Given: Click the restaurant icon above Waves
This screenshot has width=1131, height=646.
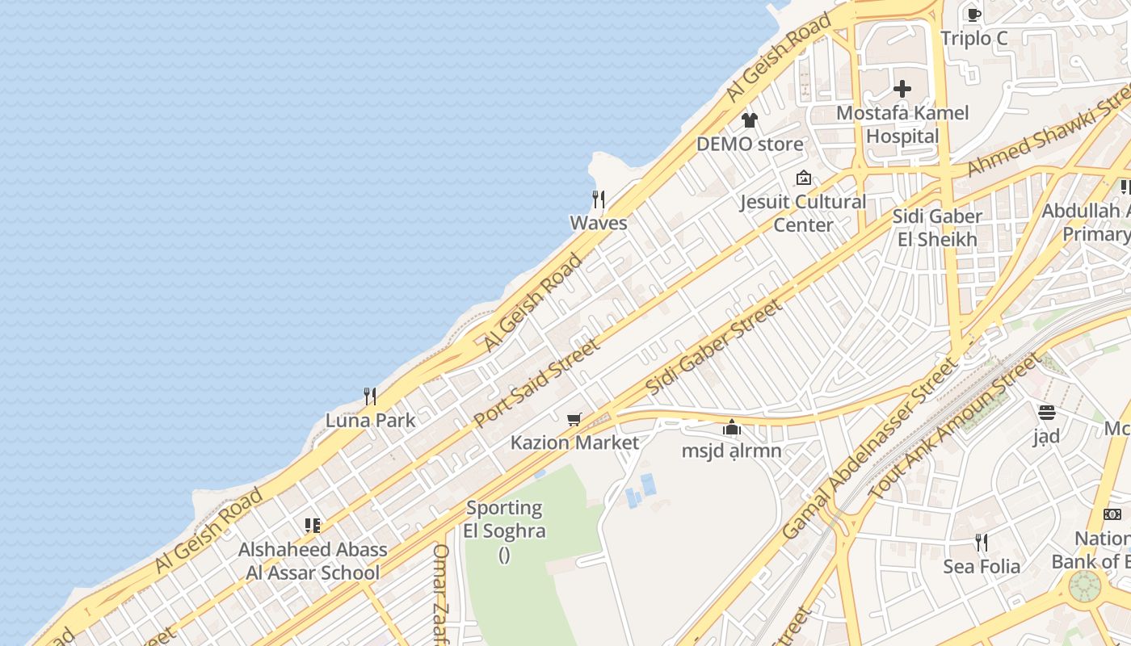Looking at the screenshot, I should [599, 199].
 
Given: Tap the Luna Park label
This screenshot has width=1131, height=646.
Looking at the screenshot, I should [370, 420].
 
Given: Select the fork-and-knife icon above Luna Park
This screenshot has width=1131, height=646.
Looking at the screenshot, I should [370, 396].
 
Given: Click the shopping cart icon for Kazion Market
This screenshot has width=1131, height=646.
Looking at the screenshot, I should [574, 418].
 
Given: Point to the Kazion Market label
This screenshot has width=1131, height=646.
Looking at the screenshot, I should [574, 443].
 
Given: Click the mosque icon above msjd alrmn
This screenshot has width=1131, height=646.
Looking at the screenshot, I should [732, 427].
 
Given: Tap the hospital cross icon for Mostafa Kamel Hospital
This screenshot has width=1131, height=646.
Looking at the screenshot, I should [902, 89].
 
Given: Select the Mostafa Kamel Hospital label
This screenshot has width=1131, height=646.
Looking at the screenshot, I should [902, 124].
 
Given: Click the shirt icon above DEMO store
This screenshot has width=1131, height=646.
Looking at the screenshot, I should [750, 121].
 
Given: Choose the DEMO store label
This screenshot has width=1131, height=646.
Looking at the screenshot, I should [750, 145].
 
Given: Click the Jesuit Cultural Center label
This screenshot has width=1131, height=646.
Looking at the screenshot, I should [803, 213].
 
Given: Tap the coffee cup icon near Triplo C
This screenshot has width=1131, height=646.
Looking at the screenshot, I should [974, 15].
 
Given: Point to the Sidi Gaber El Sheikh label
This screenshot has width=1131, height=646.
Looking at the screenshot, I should [937, 228].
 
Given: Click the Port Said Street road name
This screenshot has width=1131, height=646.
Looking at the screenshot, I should [536, 383].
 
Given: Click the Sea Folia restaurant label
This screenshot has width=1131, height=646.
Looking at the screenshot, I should [982, 567].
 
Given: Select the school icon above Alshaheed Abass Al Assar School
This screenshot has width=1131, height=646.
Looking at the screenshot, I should [313, 526].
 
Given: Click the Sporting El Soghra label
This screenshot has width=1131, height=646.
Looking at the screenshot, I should [505, 519].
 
